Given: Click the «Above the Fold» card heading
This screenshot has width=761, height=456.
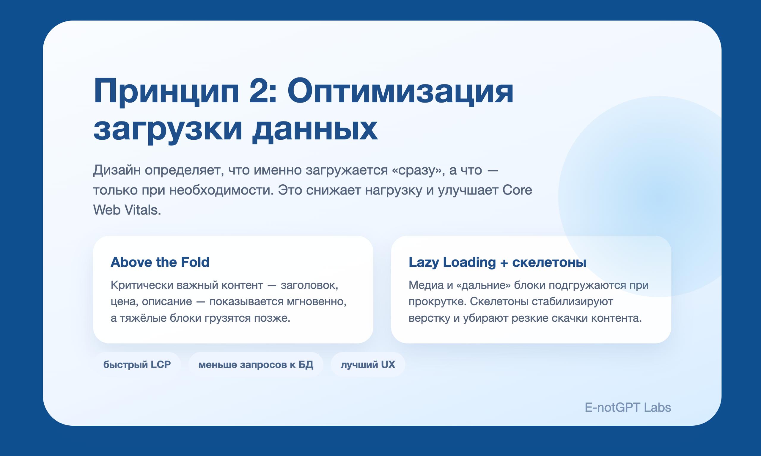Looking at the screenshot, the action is point(160,262).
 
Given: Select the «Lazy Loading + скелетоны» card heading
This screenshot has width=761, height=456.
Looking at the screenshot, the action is point(497,262).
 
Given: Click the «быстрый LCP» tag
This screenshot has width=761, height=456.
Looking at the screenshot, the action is point(137,364).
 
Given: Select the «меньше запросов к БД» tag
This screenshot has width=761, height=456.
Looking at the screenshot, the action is point(256,364).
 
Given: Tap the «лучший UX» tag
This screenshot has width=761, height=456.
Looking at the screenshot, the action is point(368,364).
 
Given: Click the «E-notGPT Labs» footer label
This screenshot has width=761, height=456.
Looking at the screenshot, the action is point(628,408).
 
